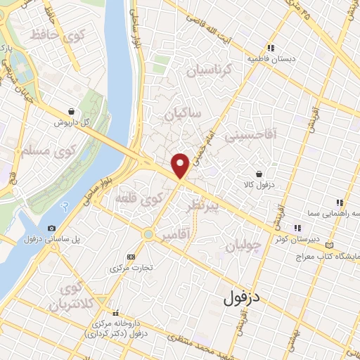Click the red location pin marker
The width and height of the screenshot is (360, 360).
click(x=181, y=165)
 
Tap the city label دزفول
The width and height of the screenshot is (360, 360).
click(x=242, y=298)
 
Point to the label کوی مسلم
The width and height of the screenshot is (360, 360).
click(x=44, y=150)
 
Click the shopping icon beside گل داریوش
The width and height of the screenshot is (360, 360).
click(x=72, y=111)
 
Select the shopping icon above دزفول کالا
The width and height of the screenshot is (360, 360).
click(x=259, y=173)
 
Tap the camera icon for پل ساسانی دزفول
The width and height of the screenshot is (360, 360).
click(x=51, y=228)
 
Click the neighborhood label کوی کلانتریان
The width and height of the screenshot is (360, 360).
click(x=70, y=297)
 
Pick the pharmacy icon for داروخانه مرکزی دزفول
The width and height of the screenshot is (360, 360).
click(x=117, y=314)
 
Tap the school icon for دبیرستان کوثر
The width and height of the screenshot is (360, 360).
click(x=297, y=227)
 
